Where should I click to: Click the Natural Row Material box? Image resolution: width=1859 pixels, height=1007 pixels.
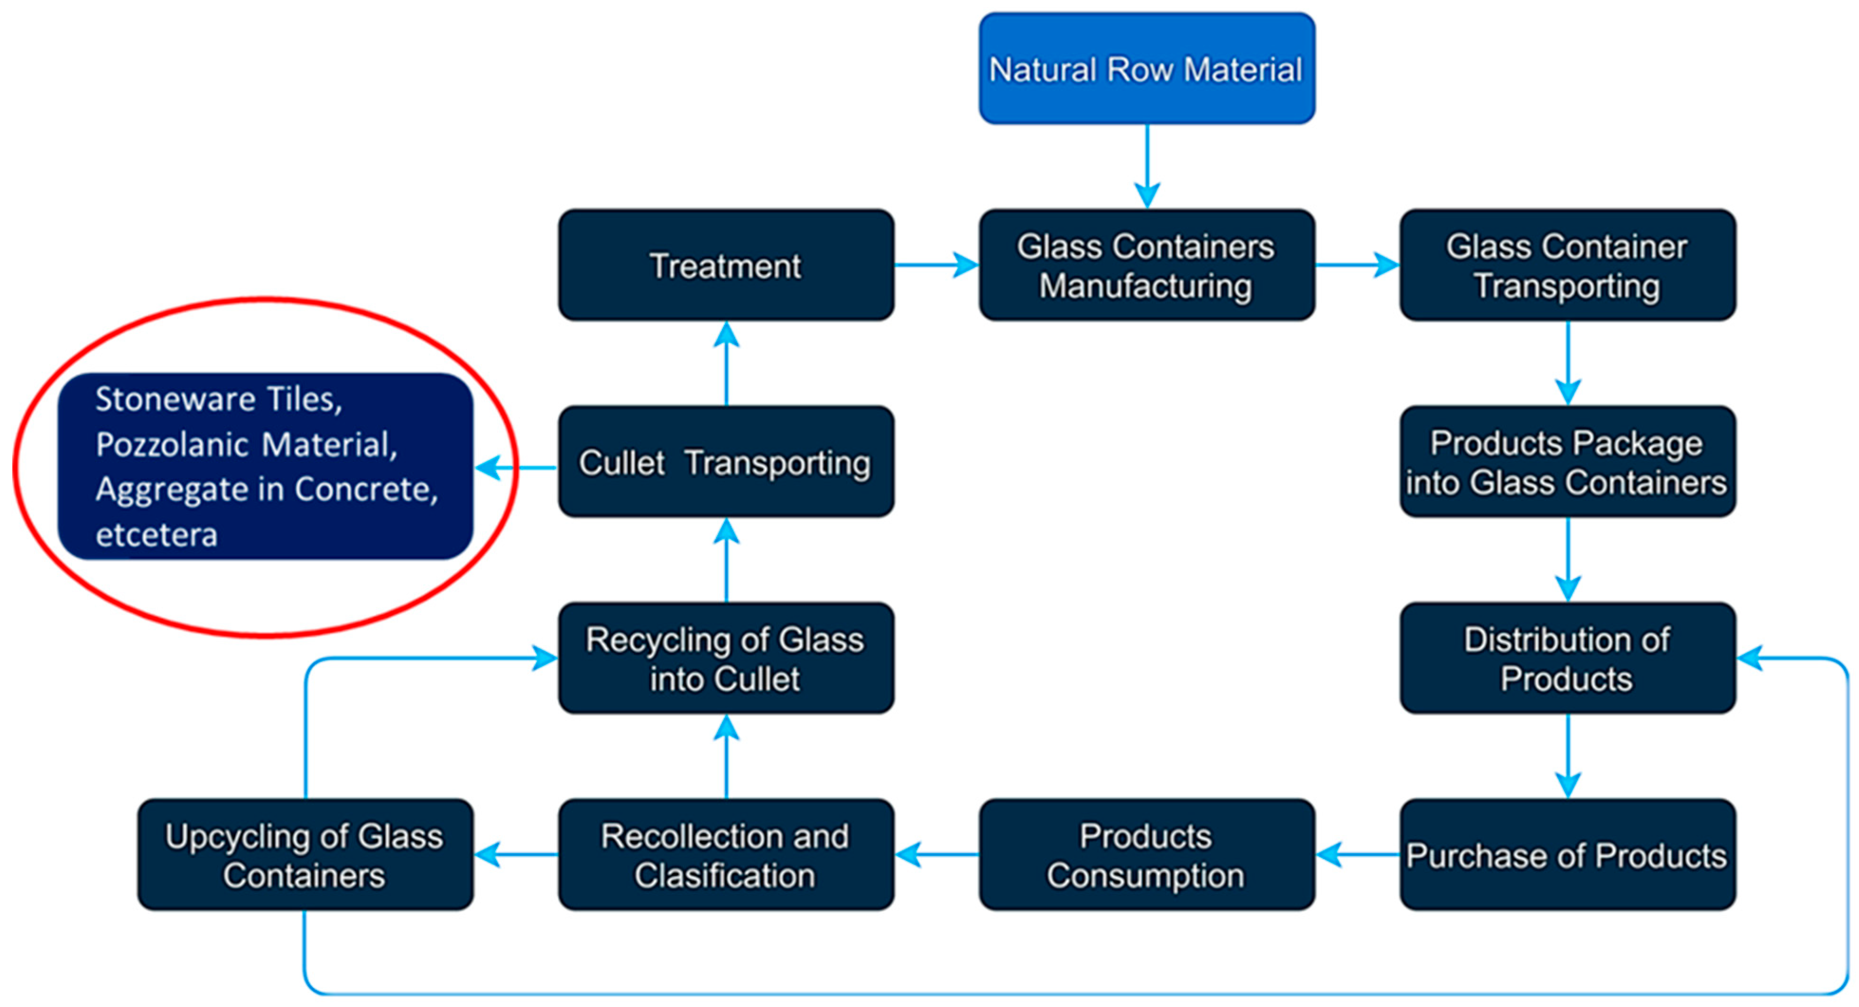(1146, 69)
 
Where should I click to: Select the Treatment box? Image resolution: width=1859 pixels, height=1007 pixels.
(726, 265)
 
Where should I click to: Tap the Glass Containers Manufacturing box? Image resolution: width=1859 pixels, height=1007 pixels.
(1146, 265)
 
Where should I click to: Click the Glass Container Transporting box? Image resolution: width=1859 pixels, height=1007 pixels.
(1567, 265)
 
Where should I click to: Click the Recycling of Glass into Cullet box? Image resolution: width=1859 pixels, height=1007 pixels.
(726, 658)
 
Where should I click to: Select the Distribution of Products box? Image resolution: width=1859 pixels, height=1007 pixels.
(1567, 658)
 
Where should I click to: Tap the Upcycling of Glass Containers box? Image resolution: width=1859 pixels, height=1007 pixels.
(305, 854)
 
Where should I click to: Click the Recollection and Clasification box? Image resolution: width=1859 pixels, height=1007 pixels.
(726, 854)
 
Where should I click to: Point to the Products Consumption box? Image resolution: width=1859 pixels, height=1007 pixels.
(1146, 854)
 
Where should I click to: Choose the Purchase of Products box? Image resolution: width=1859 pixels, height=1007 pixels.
(1567, 854)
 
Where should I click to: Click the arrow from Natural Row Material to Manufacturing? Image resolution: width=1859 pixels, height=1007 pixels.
(1147, 166)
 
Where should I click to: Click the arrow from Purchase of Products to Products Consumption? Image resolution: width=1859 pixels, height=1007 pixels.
(1357, 854)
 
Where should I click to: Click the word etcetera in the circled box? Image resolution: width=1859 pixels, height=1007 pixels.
(157, 535)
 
